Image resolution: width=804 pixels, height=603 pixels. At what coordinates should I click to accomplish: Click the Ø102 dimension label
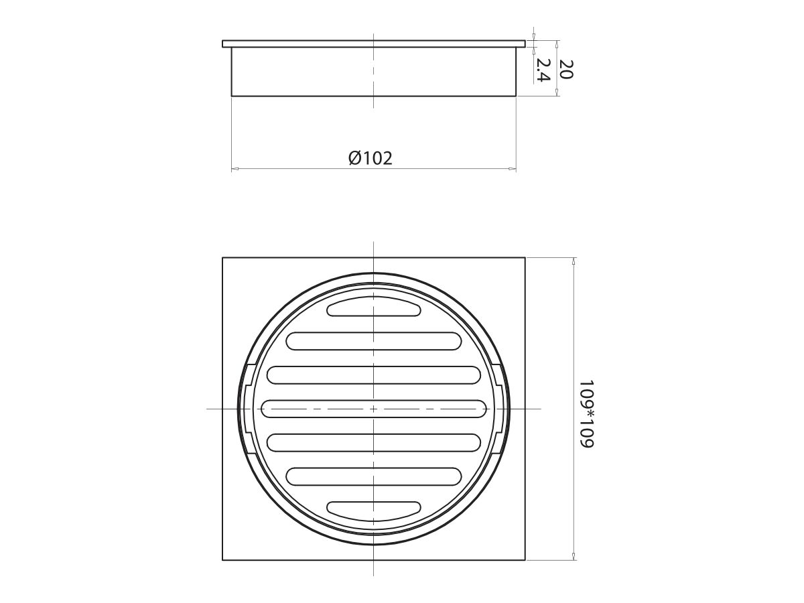[x=371, y=158]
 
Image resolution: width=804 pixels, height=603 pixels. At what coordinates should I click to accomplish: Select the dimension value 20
[x=566, y=69]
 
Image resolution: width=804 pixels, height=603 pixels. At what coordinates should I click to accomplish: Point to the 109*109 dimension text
[x=587, y=415]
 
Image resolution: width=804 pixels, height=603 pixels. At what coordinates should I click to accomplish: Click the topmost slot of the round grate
[x=373, y=308]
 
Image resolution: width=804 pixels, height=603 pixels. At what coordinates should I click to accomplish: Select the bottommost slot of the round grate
[x=373, y=509]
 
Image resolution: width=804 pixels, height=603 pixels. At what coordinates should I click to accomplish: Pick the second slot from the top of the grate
[x=373, y=341]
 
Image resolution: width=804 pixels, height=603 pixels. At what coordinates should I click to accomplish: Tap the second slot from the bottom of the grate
[x=373, y=476]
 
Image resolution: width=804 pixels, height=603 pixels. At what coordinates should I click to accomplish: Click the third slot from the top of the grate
[x=373, y=375]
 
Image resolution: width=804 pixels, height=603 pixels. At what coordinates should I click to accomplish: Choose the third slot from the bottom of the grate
[x=373, y=442]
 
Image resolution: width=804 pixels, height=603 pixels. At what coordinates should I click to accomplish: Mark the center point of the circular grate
[x=373, y=408]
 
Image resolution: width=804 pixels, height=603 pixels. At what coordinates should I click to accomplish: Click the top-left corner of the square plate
[x=222, y=258]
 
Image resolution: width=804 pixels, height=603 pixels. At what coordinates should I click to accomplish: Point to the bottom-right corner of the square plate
[x=525, y=560]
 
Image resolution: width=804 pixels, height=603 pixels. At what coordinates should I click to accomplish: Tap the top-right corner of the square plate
[x=525, y=258]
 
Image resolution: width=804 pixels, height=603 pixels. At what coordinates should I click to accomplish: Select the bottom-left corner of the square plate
[x=222, y=560]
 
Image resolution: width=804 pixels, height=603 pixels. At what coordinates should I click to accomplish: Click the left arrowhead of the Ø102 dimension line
[x=234, y=169]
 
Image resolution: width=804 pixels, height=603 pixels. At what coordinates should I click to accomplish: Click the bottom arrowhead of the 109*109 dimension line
[x=574, y=557]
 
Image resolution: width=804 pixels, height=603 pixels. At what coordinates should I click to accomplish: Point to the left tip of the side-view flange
[x=223, y=44]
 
